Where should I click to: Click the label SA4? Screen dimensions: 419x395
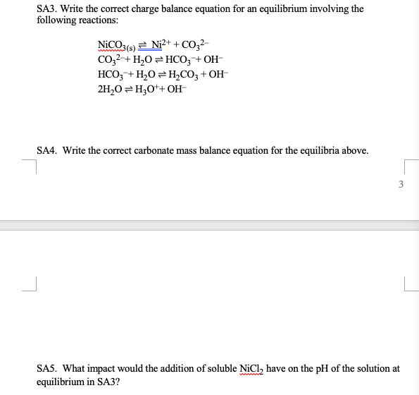pos(48,150)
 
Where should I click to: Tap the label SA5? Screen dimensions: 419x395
pos(48,368)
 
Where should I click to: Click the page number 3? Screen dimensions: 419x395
pos(401,186)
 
